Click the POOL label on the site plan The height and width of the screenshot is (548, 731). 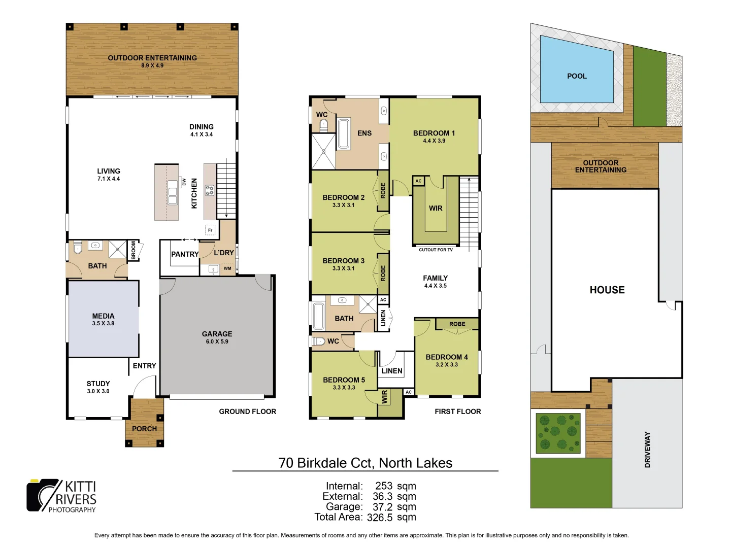click(x=577, y=76)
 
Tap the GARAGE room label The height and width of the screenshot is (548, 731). click(x=217, y=334)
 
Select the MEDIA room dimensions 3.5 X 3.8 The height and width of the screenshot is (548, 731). click(x=103, y=324)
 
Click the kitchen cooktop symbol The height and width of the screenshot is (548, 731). click(x=209, y=190)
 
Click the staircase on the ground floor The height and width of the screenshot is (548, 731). click(x=226, y=190)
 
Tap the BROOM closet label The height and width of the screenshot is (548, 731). click(x=134, y=250)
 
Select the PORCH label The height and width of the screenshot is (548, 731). click(x=144, y=429)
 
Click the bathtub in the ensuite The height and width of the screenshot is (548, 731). click(x=344, y=134)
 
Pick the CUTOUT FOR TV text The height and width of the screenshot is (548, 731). click(x=436, y=250)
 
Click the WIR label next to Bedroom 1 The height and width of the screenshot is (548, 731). click(x=436, y=208)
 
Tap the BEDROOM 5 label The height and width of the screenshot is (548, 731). click(x=344, y=380)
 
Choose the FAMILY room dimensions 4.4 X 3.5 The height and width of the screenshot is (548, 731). click(x=436, y=286)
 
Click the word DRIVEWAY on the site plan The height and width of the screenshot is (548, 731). click(x=647, y=449)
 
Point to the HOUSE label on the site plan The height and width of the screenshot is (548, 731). click(x=607, y=290)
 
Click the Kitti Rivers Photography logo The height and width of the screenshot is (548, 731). click(x=61, y=496)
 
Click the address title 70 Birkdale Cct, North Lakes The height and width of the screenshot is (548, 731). click(x=365, y=463)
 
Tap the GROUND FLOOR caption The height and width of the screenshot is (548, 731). click(x=247, y=412)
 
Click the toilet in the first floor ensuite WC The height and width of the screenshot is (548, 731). click(x=323, y=125)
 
